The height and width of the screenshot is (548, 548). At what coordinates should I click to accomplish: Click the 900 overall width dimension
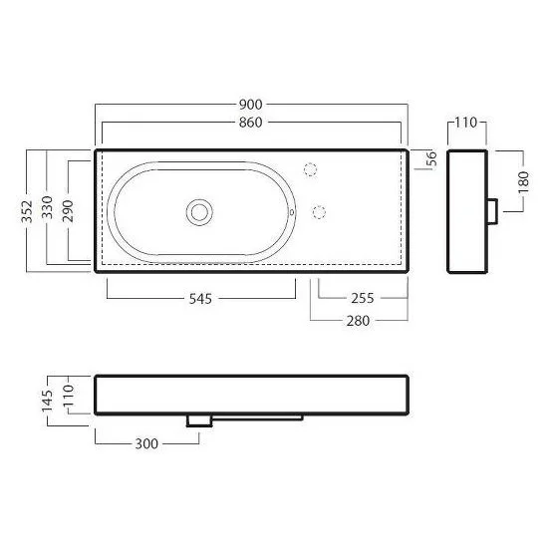point(250,105)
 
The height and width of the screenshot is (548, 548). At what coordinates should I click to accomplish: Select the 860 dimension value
point(250,123)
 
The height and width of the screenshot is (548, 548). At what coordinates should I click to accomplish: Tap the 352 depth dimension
point(27,211)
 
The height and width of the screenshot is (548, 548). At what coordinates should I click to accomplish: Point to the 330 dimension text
point(47,207)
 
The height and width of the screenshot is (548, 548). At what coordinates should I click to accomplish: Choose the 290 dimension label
point(68,211)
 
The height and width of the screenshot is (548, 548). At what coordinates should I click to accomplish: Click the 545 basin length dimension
point(200,299)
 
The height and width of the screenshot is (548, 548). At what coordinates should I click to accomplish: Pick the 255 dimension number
point(363,298)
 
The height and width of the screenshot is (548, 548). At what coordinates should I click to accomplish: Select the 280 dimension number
point(359,321)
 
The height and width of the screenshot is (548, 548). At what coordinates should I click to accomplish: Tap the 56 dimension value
point(432,158)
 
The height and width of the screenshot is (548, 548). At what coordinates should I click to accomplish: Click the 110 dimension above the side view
point(466,123)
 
